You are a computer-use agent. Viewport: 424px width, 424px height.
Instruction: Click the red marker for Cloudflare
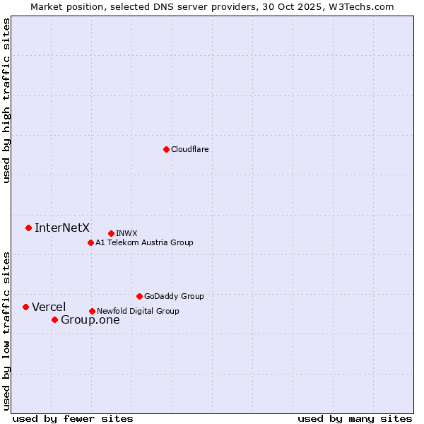[166, 149]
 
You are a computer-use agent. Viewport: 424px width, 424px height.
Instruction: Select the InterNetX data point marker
[28, 228]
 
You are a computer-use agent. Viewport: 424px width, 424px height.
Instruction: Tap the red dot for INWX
[111, 233]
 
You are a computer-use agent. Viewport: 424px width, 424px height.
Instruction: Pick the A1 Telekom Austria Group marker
[90, 242]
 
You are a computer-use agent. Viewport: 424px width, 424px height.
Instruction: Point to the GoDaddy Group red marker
[139, 296]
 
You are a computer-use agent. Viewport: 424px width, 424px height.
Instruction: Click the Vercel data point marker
[25, 307]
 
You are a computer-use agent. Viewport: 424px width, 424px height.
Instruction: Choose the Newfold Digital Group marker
[92, 311]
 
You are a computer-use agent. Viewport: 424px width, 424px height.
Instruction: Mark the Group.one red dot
[54, 319]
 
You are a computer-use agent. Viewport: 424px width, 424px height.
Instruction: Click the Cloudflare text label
[190, 149]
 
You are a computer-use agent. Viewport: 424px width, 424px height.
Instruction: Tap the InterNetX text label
[62, 228]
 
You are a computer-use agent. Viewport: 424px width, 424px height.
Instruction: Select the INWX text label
[126, 233]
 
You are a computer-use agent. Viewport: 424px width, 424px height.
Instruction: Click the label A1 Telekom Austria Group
[144, 242]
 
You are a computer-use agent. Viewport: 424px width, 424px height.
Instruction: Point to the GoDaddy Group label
[174, 296]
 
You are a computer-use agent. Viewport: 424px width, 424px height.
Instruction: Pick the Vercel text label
[49, 307]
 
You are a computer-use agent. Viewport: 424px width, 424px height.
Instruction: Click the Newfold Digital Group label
[138, 311]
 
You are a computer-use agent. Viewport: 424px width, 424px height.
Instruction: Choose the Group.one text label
[90, 319]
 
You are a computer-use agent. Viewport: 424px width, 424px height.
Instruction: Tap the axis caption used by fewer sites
[73, 418]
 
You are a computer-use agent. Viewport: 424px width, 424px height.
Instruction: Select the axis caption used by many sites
[355, 418]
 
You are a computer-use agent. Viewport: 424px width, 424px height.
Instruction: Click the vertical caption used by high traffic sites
[6, 100]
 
